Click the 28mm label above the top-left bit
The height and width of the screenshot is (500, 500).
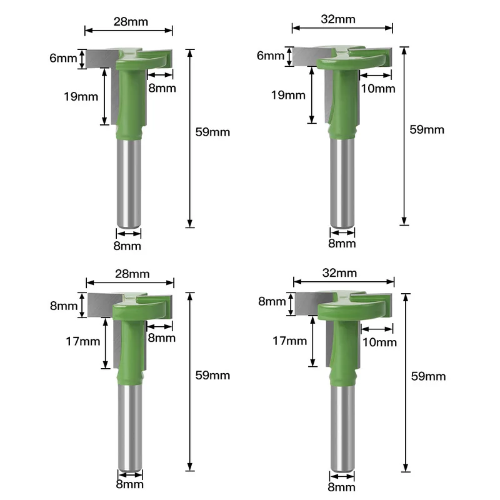pos(131,22)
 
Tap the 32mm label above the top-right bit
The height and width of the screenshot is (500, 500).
pos(338,19)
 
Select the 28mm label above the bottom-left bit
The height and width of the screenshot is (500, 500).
pos(132,274)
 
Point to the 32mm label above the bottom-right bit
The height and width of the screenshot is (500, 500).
pos(339,273)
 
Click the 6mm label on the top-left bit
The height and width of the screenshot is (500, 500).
pos(63,58)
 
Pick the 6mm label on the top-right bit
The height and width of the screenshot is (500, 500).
pos(271,56)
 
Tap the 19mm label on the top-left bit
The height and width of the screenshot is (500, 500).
pos(81,96)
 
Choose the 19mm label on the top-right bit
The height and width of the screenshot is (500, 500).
pos(288,95)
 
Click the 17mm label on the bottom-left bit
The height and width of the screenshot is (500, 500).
pos(83,341)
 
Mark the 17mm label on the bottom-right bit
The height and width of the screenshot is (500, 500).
pos(289,341)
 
